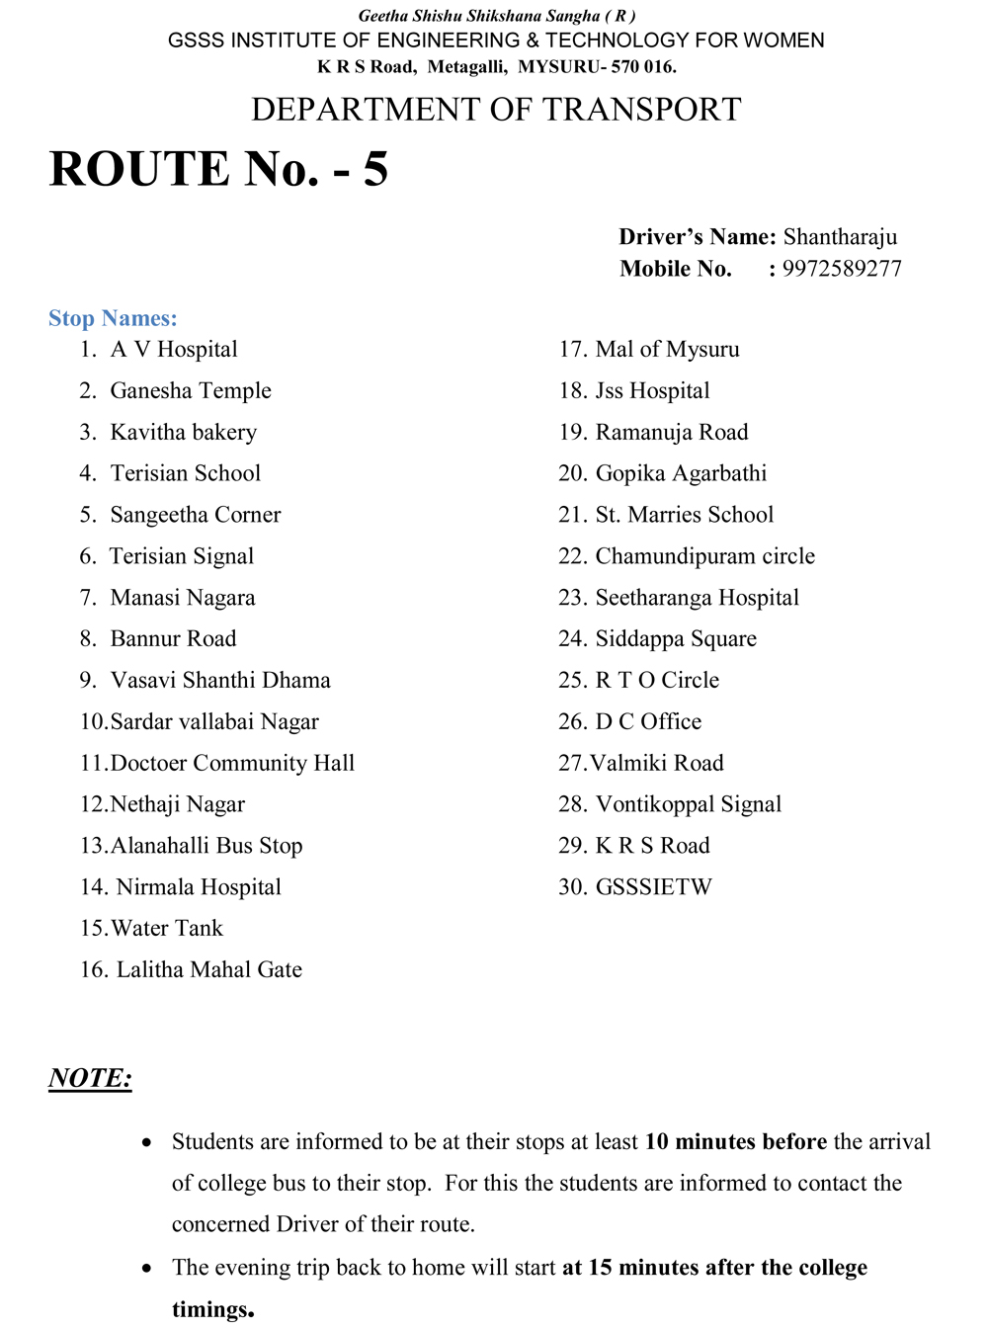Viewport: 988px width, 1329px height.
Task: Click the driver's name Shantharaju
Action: pyautogui.click(x=840, y=237)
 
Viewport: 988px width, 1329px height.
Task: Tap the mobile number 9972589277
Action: pyautogui.click(x=842, y=269)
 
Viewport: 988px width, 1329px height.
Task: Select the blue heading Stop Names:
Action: pyautogui.click(x=113, y=318)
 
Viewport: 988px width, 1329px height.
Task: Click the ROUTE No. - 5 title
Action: pyautogui.click(x=218, y=169)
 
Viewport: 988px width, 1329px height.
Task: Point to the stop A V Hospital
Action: pyautogui.click(x=174, y=350)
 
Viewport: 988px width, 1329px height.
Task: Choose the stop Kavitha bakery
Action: pyautogui.click(x=184, y=433)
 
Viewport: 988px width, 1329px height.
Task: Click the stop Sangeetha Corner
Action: pyautogui.click(x=196, y=515)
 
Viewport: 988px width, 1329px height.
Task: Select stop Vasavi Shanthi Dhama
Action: pyautogui.click(x=220, y=681)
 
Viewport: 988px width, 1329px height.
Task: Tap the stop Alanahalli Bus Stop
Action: pyautogui.click(x=206, y=846)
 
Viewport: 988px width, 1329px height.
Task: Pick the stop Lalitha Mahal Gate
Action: pyautogui.click(x=209, y=970)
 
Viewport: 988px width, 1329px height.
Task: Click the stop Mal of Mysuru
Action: pyautogui.click(x=667, y=350)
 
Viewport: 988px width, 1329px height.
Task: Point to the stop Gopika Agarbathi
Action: pyautogui.click(x=681, y=473)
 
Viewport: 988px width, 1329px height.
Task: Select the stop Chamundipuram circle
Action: pyautogui.click(x=704, y=556)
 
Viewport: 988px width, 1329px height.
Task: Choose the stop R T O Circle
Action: pyautogui.click(x=657, y=681)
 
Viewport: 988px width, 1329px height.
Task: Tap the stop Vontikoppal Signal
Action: pyautogui.click(x=688, y=804)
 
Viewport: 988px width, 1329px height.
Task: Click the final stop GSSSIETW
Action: pyautogui.click(x=653, y=887)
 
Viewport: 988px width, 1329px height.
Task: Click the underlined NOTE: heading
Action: pyautogui.click(x=90, y=1078)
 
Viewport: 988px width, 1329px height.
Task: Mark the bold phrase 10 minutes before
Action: pyautogui.click(x=735, y=1142)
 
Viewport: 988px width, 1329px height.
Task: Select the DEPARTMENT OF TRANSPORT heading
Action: pyautogui.click(x=496, y=110)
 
